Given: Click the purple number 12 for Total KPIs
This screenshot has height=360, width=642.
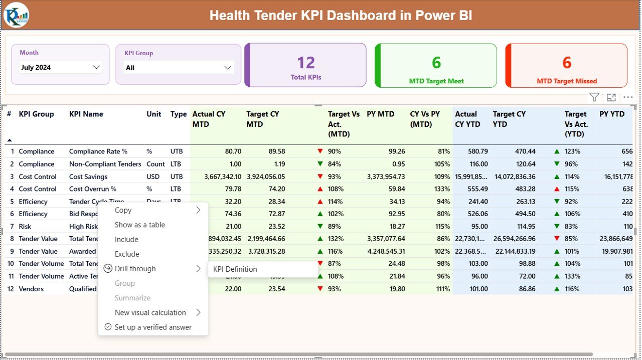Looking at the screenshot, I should click(306, 63).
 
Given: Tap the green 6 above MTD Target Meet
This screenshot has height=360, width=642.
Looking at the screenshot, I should click(436, 62).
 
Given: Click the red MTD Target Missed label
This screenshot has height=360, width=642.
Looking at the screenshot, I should click(567, 81).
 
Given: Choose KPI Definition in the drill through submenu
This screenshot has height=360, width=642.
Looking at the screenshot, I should click(235, 269).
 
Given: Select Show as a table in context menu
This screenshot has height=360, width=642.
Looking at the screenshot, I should click(140, 225).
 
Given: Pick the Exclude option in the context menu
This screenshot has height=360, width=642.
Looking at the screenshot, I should click(127, 254).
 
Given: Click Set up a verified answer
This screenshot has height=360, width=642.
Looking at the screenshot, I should click(153, 327).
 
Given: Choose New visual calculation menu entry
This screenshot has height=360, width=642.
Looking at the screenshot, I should click(150, 313).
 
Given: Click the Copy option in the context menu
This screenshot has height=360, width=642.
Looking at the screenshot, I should click(123, 211).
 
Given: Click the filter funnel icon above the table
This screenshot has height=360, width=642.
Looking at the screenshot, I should click(594, 98).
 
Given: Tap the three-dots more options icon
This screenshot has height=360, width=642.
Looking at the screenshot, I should click(628, 98).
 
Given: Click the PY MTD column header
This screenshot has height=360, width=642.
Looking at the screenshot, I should click(381, 114).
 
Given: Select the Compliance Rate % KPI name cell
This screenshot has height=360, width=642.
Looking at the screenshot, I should click(98, 151).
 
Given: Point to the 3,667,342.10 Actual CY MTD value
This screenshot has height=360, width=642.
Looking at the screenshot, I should click(217, 176).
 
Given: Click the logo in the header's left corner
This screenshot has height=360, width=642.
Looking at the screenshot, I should click(16, 15).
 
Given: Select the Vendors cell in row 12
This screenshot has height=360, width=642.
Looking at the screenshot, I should click(31, 289).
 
